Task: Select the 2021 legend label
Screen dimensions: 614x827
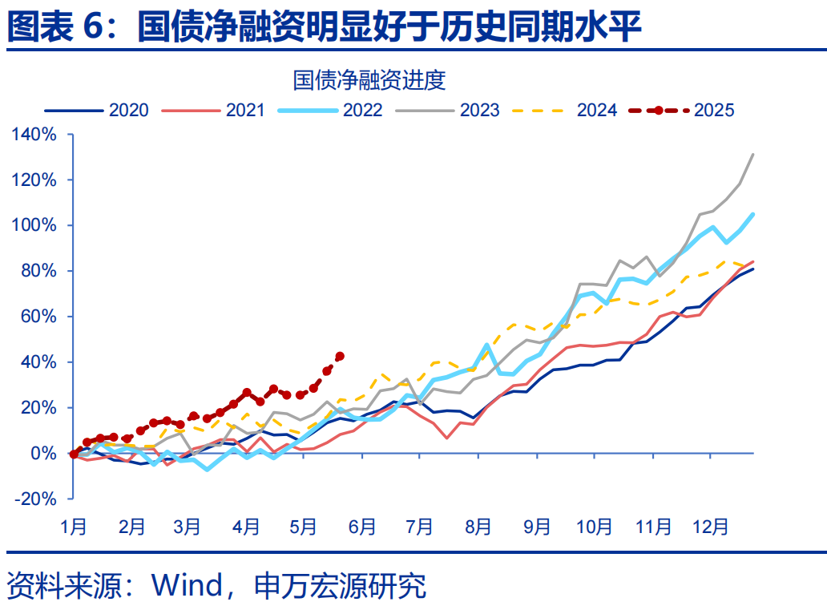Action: (245, 111)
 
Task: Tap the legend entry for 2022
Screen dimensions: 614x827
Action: (362, 111)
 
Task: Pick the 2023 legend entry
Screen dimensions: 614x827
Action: (479, 111)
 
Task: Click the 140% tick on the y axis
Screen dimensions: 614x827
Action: (34, 135)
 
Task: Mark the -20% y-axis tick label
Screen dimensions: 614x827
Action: (36, 499)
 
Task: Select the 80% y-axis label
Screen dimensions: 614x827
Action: (38, 271)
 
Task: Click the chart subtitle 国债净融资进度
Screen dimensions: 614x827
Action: (369, 80)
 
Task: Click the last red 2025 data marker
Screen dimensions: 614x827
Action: (340, 356)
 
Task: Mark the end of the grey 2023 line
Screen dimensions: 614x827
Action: (753, 154)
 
